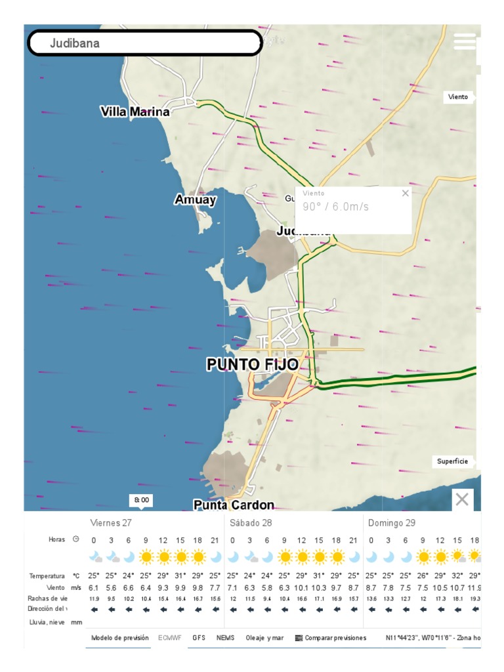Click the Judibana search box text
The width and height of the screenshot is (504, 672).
tap(75, 44)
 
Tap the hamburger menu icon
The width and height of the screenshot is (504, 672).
tap(464, 41)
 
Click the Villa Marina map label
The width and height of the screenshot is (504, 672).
tap(135, 112)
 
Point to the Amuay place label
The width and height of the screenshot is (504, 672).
tap(195, 199)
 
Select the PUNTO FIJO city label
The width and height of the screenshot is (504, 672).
tap(253, 365)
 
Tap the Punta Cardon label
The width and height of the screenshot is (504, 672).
tap(234, 505)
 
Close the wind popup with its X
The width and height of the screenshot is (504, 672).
tap(405, 193)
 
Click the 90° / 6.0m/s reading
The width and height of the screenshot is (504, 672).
tap(336, 207)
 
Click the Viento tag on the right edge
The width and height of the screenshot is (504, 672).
tap(458, 96)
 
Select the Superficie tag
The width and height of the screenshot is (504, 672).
tap(453, 461)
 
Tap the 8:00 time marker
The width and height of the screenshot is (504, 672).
tap(141, 500)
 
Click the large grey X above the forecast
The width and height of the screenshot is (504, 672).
tap(462, 499)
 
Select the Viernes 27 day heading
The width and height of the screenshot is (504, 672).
tap(110, 523)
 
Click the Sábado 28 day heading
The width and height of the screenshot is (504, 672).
tap(251, 523)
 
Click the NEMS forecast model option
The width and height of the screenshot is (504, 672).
tap(225, 637)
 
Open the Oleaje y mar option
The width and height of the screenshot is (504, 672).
tap(264, 637)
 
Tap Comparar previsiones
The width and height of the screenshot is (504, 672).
tap(331, 637)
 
